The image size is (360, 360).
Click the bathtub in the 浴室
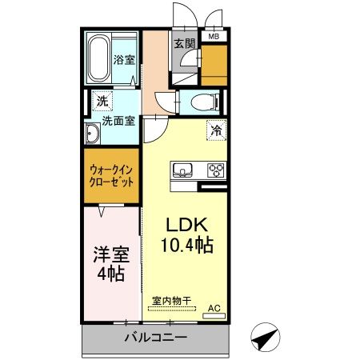[x=99, y=58]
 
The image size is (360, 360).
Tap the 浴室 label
[x=123, y=59]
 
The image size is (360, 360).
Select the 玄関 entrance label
[x=184, y=44]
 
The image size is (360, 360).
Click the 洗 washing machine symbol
[x=101, y=102]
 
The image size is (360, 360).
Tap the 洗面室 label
[x=117, y=125]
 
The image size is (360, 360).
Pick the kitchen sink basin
[x=182, y=170]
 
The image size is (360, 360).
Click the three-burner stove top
[x=216, y=170]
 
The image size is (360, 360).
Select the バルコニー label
[x=155, y=337]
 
